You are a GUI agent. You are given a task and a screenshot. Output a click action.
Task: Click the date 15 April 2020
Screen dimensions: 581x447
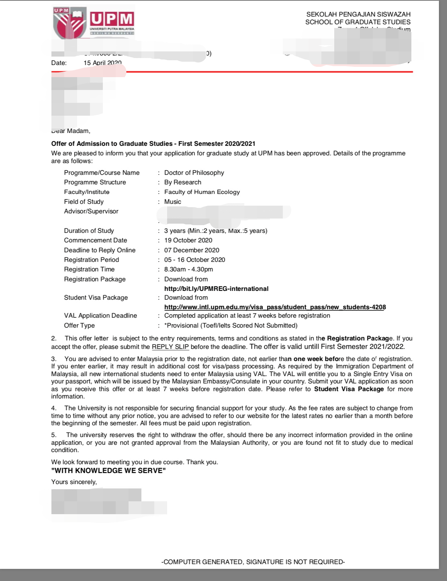(x=102, y=63)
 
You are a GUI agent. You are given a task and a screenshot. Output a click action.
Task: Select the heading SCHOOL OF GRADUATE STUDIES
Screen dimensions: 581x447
(x=358, y=22)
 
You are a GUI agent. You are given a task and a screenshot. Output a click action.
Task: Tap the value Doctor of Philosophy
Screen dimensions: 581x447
(x=194, y=173)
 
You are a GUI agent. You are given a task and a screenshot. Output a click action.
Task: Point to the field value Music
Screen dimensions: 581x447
(x=173, y=202)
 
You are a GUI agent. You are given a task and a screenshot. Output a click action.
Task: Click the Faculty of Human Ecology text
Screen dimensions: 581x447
(x=202, y=192)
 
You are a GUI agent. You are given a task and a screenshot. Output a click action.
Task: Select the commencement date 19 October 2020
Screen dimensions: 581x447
(x=188, y=240)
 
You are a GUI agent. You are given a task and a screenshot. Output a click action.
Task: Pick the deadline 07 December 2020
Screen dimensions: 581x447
(x=192, y=250)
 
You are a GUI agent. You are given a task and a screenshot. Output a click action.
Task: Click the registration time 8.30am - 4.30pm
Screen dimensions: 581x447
(x=188, y=269)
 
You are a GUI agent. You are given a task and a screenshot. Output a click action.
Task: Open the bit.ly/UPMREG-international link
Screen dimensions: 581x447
(x=216, y=289)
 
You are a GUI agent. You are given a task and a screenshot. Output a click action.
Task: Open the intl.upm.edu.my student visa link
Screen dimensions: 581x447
(x=275, y=307)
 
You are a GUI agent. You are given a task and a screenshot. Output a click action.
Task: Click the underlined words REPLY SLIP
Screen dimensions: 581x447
(x=170, y=347)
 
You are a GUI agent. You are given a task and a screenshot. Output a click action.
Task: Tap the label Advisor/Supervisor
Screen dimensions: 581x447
(x=91, y=211)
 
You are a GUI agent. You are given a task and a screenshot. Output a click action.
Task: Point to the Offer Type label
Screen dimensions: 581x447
(x=79, y=325)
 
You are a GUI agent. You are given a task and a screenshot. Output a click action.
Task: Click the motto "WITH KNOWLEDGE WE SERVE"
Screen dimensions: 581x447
(x=108, y=471)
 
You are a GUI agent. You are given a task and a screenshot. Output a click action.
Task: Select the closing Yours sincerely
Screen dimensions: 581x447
(x=74, y=482)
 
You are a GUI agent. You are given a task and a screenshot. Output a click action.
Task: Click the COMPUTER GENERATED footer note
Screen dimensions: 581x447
(x=253, y=562)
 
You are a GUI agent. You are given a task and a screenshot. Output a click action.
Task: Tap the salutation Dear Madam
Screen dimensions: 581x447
(x=71, y=131)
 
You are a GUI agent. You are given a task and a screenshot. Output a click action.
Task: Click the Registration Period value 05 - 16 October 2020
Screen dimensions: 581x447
(x=195, y=260)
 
